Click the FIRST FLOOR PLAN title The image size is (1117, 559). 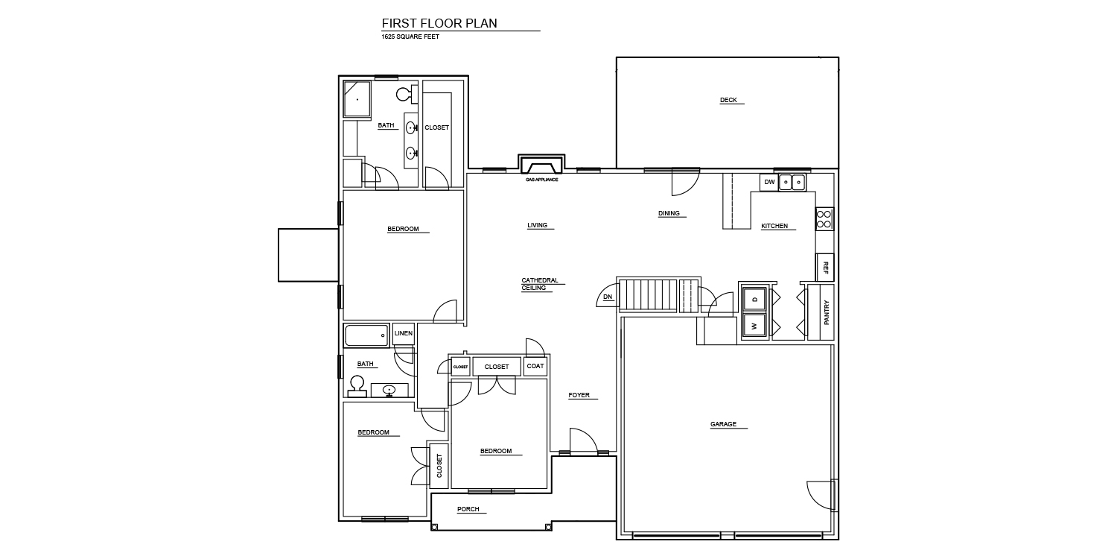[439, 23]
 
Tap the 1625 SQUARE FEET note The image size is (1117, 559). [410, 37]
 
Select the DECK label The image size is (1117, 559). [728, 100]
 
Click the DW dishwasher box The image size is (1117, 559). [769, 182]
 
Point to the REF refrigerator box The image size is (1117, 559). [825, 268]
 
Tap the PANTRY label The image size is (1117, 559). [827, 312]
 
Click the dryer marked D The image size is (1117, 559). [754, 300]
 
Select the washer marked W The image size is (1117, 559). [754, 326]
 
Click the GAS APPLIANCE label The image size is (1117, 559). [541, 180]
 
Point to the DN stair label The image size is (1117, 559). [608, 297]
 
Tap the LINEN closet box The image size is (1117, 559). [404, 333]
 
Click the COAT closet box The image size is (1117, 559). [535, 366]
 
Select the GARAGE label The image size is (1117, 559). [723, 424]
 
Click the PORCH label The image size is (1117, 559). [468, 509]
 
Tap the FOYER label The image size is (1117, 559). [579, 395]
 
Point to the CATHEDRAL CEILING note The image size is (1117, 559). [540, 284]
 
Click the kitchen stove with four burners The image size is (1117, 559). [824, 218]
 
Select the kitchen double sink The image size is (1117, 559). [792, 182]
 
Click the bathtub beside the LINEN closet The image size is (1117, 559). [366, 335]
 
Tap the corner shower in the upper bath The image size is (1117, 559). [357, 99]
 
